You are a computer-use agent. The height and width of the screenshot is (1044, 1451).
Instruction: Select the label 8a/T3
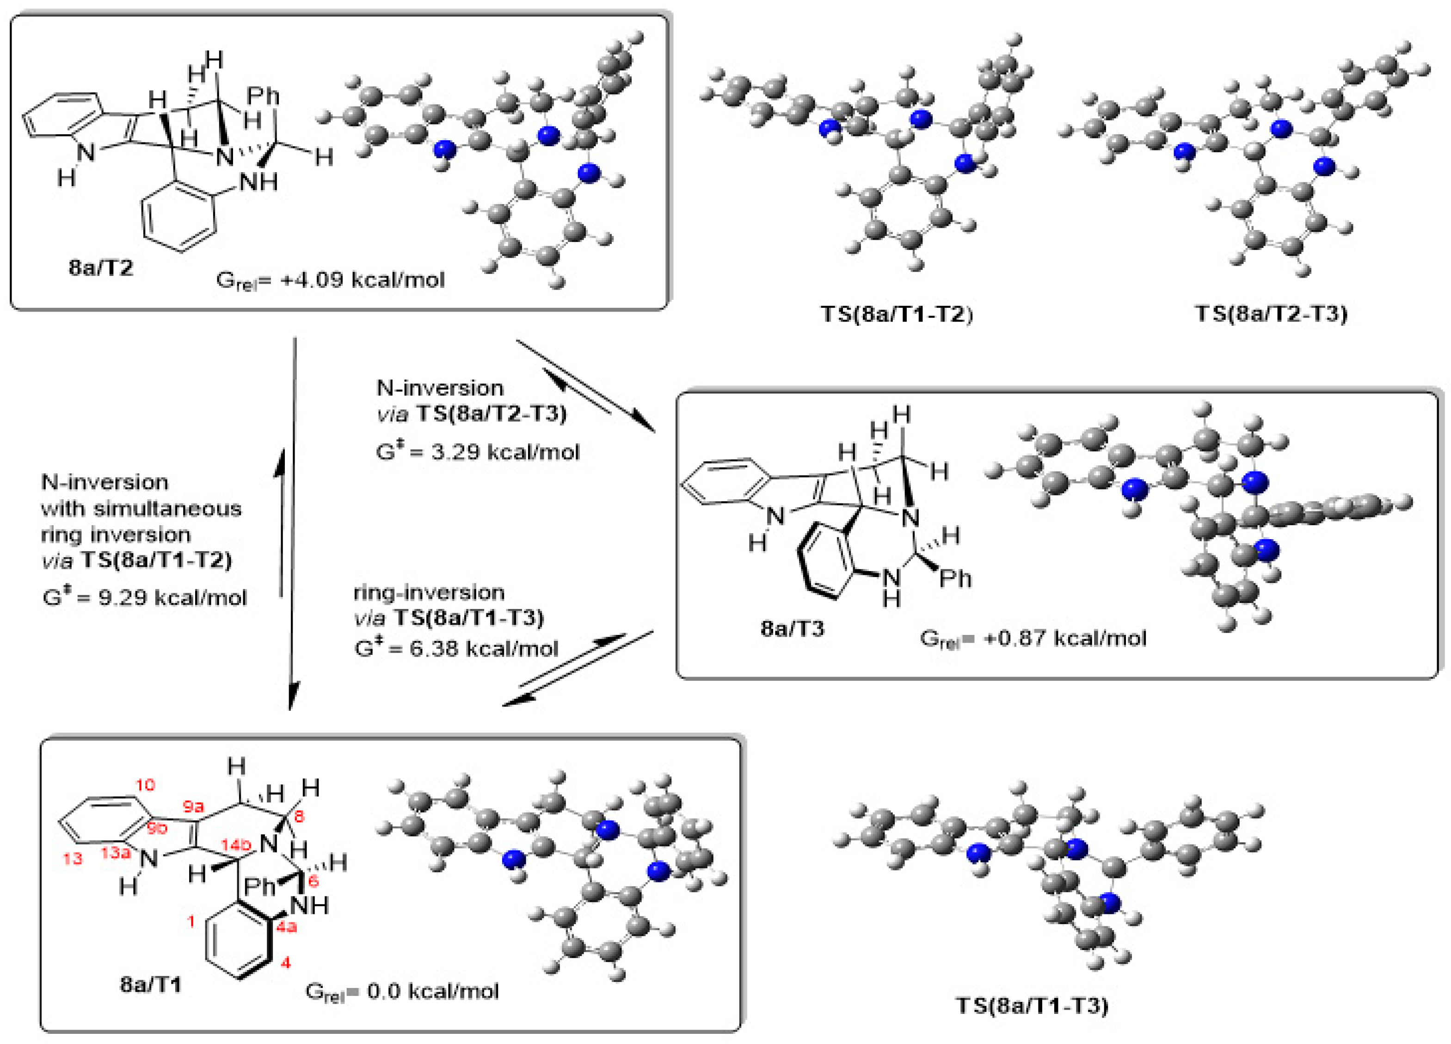792,628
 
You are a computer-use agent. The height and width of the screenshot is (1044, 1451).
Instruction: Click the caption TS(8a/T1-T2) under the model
896,314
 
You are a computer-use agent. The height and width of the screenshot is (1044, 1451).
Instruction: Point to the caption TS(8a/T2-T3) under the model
1271,314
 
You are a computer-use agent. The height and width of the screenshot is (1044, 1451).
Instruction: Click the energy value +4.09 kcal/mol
362,280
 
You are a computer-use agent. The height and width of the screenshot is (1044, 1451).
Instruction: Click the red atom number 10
145,785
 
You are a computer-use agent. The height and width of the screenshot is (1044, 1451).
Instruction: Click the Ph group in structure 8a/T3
955,578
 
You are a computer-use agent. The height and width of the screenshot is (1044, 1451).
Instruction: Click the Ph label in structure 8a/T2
264,96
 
